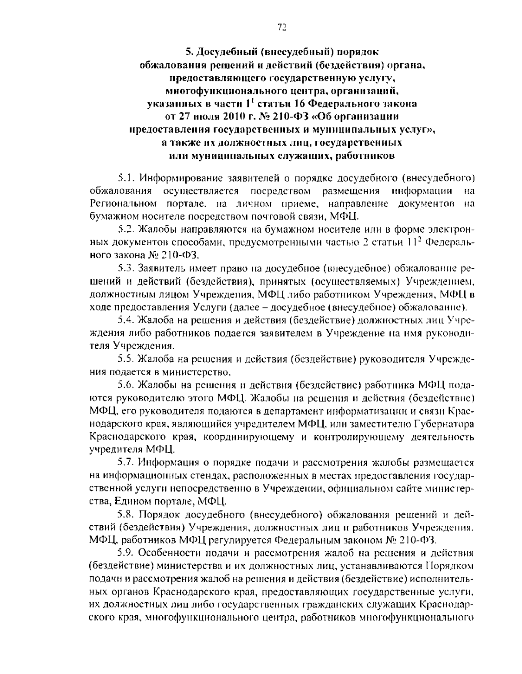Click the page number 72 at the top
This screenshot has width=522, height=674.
[x=281, y=27]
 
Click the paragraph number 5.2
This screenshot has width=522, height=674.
[x=126, y=229]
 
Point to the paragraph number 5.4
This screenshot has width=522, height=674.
[x=126, y=320]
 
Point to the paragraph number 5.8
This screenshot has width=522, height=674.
[x=126, y=514]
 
